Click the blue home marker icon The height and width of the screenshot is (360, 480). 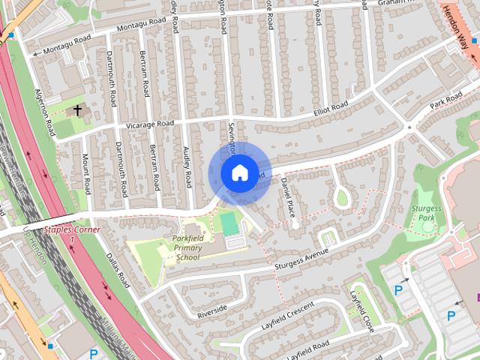click(x=238, y=172)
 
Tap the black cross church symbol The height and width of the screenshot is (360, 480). click(x=76, y=111)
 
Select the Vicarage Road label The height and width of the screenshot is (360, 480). click(x=150, y=124)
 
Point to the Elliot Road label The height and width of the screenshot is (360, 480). click(x=331, y=109)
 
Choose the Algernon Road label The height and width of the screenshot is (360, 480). click(x=44, y=112)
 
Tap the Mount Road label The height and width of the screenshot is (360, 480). click(x=86, y=172)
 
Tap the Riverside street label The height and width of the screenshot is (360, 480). click(x=211, y=309)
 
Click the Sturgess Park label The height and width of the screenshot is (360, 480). click(x=427, y=212)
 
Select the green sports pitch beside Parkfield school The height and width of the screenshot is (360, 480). click(x=228, y=223)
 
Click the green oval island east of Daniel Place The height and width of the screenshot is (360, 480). click(x=342, y=198)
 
